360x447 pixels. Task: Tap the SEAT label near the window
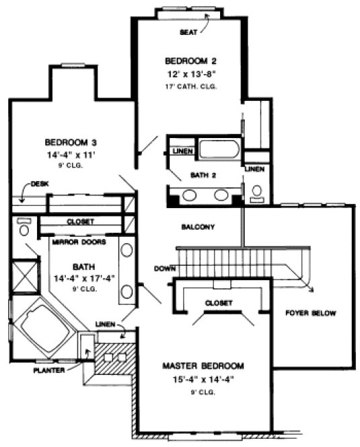(188, 32)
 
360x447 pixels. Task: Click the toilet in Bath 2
(256, 193)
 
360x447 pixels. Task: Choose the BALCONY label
(198, 227)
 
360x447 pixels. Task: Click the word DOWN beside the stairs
(164, 268)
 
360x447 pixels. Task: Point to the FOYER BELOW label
(310, 314)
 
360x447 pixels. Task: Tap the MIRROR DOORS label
(80, 240)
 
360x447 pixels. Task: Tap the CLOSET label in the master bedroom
(219, 303)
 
